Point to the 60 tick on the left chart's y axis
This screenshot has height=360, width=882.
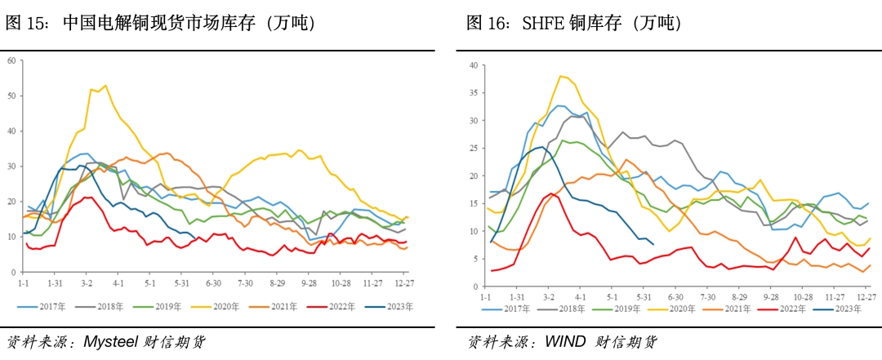click(x=11, y=60)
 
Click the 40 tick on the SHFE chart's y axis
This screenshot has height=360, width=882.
click(x=473, y=65)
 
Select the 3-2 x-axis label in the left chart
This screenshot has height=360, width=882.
click(x=87, y=282)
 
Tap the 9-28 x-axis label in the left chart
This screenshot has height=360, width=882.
click(x=309, y=282)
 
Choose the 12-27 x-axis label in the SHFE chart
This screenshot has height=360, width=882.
click(x=866, y=297)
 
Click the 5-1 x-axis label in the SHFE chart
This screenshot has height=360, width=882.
click(x=612, y=297)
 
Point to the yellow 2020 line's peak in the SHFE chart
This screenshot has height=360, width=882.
click(x=561, y=76)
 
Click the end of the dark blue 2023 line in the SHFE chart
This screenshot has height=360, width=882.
click(x=653, y=244)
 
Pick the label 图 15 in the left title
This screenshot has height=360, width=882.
click(x=24, y=23)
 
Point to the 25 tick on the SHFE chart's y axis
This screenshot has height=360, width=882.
click(x=473, y=149)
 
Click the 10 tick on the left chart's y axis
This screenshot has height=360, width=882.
click(x=11, y=237)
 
